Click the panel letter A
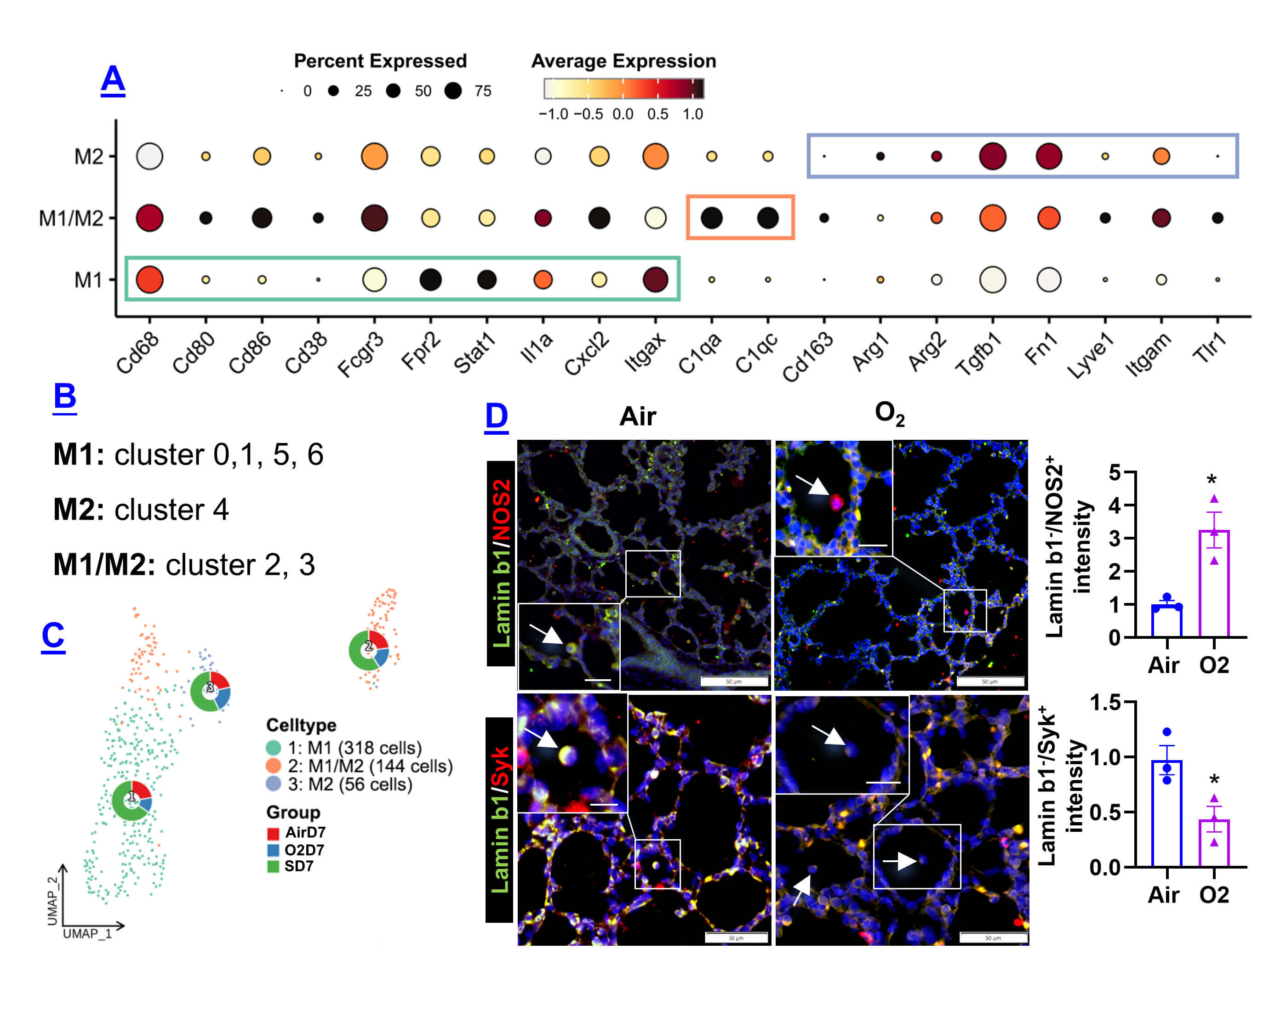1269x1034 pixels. [x=113, y=80]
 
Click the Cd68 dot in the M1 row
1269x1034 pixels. [x=149, y=279]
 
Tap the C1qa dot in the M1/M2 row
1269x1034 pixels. [x=711, y=218]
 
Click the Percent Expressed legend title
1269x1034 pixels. [x=380, y=61]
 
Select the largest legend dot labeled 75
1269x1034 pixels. [x=453, y=91]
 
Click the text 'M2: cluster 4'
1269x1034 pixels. [x=141, y=510]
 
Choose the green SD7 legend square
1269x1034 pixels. [x=273, y=866]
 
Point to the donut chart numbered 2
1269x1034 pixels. [x=369, y=649]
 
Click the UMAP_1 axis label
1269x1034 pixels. [x=87, y=933]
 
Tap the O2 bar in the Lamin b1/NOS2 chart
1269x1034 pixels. [x=1213, y=584]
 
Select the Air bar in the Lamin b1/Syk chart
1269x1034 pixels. [x=1166, y=813]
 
